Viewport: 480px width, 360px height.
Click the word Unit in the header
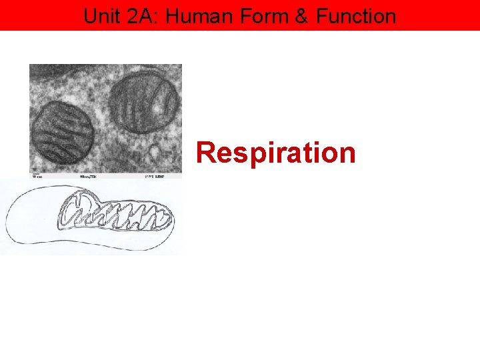(x=103, y=15)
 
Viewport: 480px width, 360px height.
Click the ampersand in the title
(x=301, y=15)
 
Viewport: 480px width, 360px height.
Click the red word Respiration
(x=276, y=153)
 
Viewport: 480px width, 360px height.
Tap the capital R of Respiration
(x=205, y=153)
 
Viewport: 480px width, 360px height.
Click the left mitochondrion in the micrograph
(x=63, y=132)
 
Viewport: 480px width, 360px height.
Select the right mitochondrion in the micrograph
(x=144, y=101)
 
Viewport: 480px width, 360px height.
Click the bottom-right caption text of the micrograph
(x=154, y=177)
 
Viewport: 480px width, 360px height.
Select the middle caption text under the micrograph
(x=89, y=177)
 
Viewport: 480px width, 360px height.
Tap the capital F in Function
(x=321, y=15)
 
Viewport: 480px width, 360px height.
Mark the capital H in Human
(x=171, y=15)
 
